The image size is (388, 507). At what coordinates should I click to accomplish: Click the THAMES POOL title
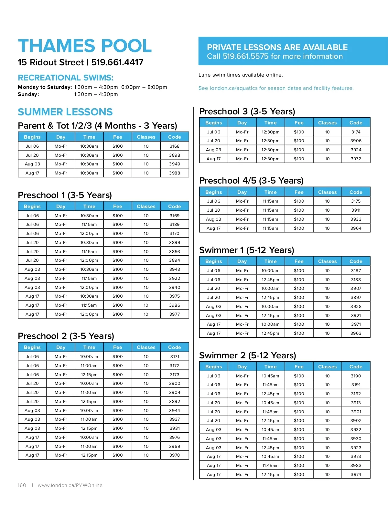(x=85, y=46)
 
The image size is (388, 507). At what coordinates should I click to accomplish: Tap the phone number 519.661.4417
(x=117, y=62)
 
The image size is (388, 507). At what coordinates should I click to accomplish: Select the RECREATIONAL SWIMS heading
(x=66, y=78)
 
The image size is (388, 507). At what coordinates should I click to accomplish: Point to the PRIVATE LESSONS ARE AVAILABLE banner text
(x=277, y=48)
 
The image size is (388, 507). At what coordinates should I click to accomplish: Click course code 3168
(x=175, y=146)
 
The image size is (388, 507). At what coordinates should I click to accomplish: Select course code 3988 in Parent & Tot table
(x=175, y=173)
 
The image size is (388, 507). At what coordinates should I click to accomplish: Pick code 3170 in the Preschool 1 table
(x=175, y=234)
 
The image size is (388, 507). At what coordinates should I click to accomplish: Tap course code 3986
(x=175, y=305)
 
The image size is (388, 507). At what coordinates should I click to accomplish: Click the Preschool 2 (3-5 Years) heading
(x=66, y=336)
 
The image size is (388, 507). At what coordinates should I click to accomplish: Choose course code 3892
(x=175, y=402)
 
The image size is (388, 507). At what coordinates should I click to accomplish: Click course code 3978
(x=175, y=455)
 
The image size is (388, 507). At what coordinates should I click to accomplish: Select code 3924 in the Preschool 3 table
(x=356, y=150)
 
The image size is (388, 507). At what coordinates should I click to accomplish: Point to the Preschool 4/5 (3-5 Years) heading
(x=251, y=181)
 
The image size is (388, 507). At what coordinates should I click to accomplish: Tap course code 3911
(x=356, y=210)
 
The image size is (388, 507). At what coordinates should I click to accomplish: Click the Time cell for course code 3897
(x=270, y=298)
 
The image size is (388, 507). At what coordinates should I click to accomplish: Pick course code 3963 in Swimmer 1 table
(x=356, y=333)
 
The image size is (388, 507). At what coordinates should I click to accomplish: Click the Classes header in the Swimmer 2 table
(x=327, y=367)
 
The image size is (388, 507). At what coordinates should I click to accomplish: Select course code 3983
(x=356, y=466)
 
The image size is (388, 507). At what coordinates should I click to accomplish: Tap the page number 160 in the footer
(x=22, y=485)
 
